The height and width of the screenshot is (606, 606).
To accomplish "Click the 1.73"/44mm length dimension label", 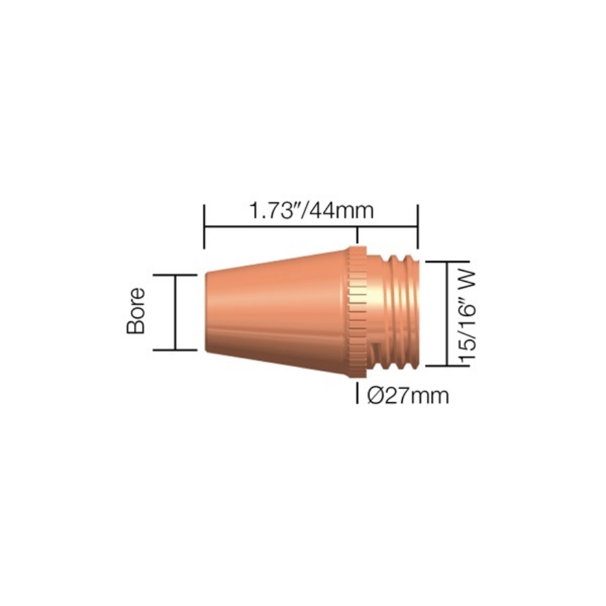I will pos(312,210).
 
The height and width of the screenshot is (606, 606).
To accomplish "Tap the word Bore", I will pos(136,311).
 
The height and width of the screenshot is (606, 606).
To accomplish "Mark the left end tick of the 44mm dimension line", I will pos(205,226).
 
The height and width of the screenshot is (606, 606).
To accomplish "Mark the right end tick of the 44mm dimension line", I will pos(418,226).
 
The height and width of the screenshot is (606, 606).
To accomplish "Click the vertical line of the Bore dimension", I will pos(176,312).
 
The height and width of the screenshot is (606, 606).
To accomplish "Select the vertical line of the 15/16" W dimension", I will pos(448,313).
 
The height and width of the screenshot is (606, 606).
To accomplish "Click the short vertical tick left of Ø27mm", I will pos(357,394).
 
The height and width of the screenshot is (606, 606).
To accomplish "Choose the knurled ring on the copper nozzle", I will pos(356,313).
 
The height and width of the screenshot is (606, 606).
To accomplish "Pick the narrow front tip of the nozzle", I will pos(210,312).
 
